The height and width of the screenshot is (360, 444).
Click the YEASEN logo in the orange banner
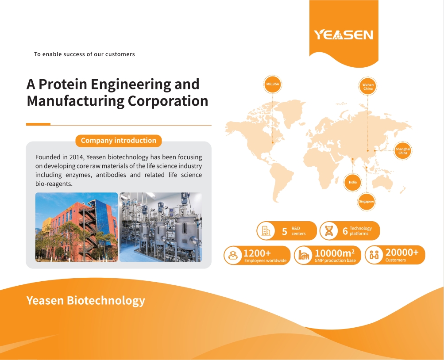tap(344, 35)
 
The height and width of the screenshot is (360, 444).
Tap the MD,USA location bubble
tap(272, 84)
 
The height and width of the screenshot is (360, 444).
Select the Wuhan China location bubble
tap(368, 86)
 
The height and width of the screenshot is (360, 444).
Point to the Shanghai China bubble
tap(403, 151)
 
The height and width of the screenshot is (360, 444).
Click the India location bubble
tap(352, 182)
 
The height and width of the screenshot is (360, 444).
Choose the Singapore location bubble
tap(367, 201)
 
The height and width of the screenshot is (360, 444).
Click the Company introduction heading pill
tap(118, 141)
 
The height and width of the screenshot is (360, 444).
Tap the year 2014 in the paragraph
tap(76, 157)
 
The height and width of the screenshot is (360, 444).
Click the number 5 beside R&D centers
tap(284, 232)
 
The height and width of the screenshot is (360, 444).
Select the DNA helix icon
tap(329, 231)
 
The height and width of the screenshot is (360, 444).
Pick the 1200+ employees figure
tap(257, 253)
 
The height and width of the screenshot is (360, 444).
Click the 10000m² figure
tap(334, 253)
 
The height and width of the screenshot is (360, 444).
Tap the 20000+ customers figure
tap(402, 252)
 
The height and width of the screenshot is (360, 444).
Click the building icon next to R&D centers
tap(266, 231)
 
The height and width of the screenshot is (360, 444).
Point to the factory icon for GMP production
tap(304, 255)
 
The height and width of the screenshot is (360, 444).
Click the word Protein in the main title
tap(62, 84)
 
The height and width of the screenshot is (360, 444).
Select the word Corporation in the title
tap(168, 101)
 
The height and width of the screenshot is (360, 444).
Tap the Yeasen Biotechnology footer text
tap(86, 300)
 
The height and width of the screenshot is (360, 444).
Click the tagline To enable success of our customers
tap(85, 54)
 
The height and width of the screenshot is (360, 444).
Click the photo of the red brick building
tap(77, 227)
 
